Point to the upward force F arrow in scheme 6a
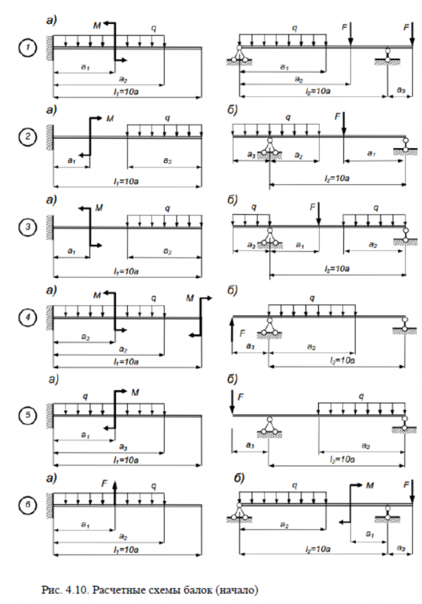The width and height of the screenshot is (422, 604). [x=115, y=488]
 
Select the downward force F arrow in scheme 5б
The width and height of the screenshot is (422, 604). [x=232, y=402]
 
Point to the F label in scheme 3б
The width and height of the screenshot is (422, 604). [x=312, y=207]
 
